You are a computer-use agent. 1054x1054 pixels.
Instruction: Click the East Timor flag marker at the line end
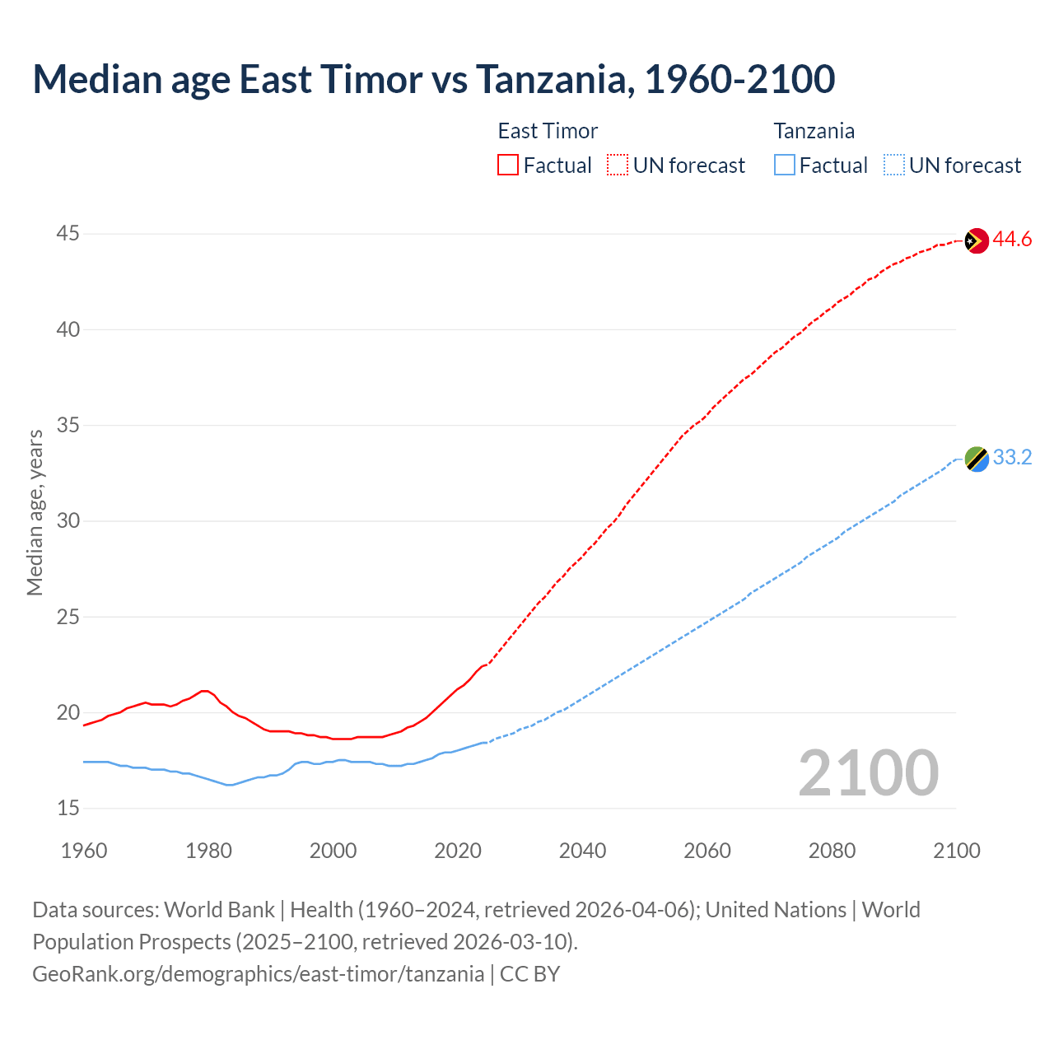[977, 240]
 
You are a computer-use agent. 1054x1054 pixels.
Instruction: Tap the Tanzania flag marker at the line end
[977, 459]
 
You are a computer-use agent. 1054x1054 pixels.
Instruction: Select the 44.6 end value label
[1012, 240]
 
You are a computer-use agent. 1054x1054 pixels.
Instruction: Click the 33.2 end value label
[1012, 458]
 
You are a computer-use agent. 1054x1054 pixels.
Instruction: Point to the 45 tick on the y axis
[68, 234]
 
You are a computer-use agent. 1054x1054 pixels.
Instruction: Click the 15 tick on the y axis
[68, 808]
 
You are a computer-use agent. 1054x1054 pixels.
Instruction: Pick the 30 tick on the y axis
[68, 521]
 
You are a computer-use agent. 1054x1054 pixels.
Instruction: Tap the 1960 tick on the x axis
[84, 851]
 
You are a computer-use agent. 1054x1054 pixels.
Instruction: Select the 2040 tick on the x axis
[582, 851]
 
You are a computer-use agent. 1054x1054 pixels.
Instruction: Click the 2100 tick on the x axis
[956, 851]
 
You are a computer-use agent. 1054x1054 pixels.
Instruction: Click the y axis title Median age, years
[35, 512]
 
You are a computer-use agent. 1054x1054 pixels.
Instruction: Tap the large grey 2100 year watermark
[868, 772]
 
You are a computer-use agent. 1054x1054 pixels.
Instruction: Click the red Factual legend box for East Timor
[508, 165]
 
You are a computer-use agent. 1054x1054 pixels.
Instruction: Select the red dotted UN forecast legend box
[618, 165]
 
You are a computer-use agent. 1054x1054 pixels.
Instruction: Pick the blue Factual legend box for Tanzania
[784, 165]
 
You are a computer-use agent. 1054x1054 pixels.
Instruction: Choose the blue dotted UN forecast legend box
[893, 165]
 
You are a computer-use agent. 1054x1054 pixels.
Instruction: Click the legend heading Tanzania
[814, 131]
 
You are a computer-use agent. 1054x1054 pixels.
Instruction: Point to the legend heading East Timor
[548, 131]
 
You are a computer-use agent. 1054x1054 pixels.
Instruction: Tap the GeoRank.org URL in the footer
[258, 974]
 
